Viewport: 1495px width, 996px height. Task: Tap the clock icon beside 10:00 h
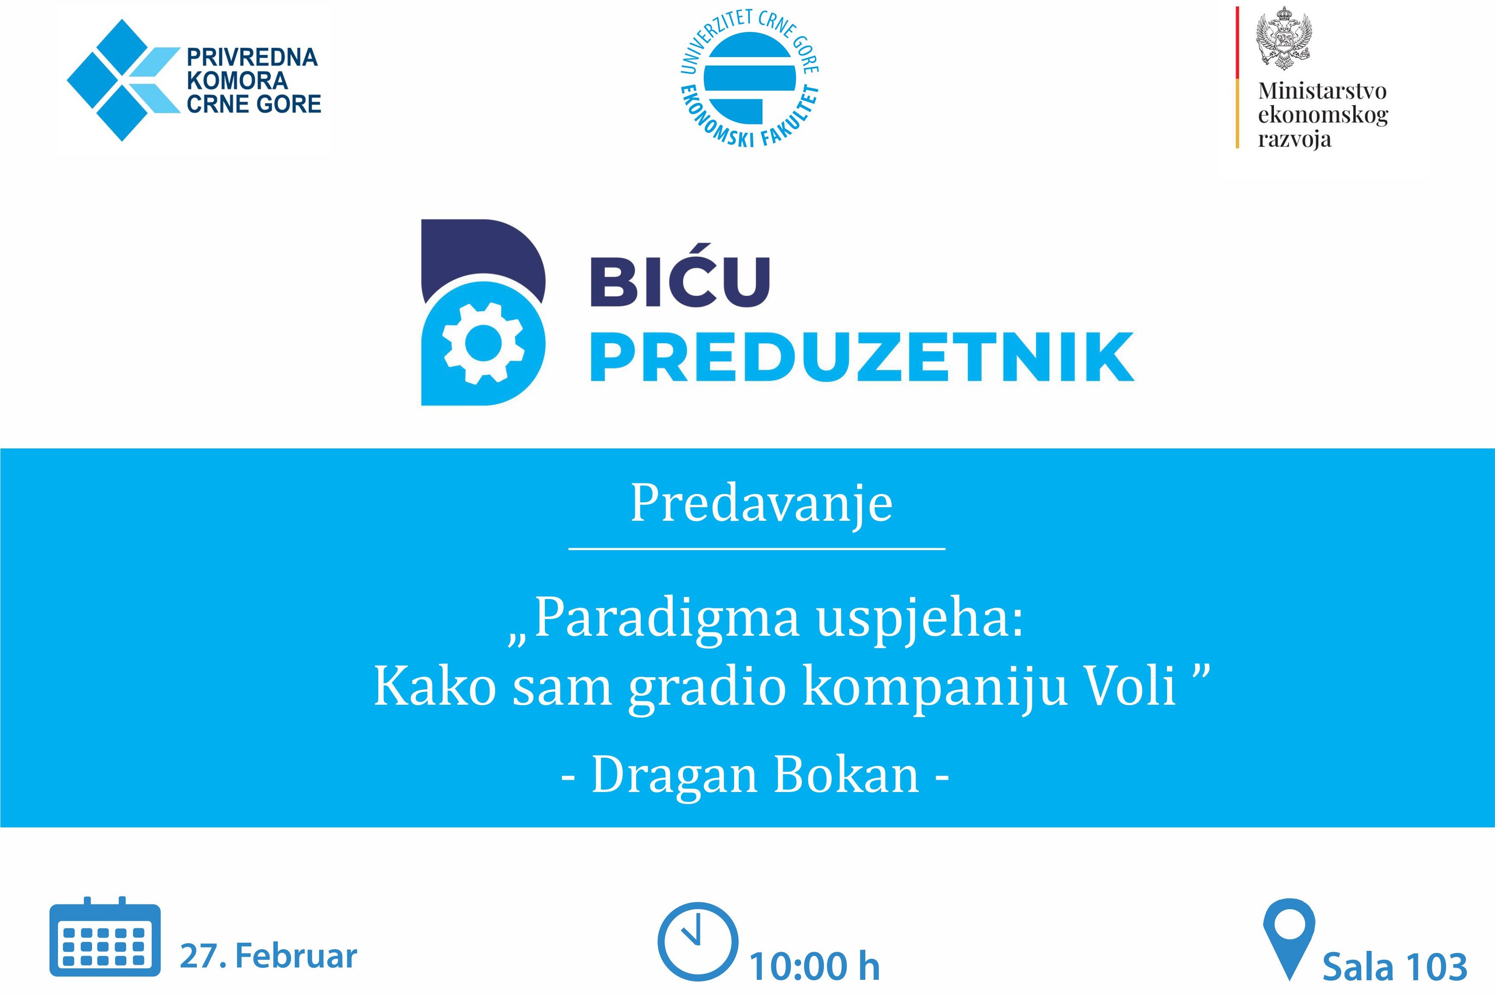[x=697, y=942]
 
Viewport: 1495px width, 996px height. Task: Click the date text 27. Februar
[x=268, y=956]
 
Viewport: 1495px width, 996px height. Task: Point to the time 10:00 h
[x=815, y=966]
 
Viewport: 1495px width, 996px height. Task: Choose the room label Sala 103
[x=1394, y=967]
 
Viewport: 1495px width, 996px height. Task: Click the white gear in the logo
[x=484, y=343]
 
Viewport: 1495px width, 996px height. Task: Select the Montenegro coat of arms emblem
[x=1284, y=38]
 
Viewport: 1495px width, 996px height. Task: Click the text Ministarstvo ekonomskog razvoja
[x=1323, y=115]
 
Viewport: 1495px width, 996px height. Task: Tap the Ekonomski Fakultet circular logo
[x=750, y=78]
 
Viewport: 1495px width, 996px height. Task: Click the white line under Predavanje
[x=757, y=548]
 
